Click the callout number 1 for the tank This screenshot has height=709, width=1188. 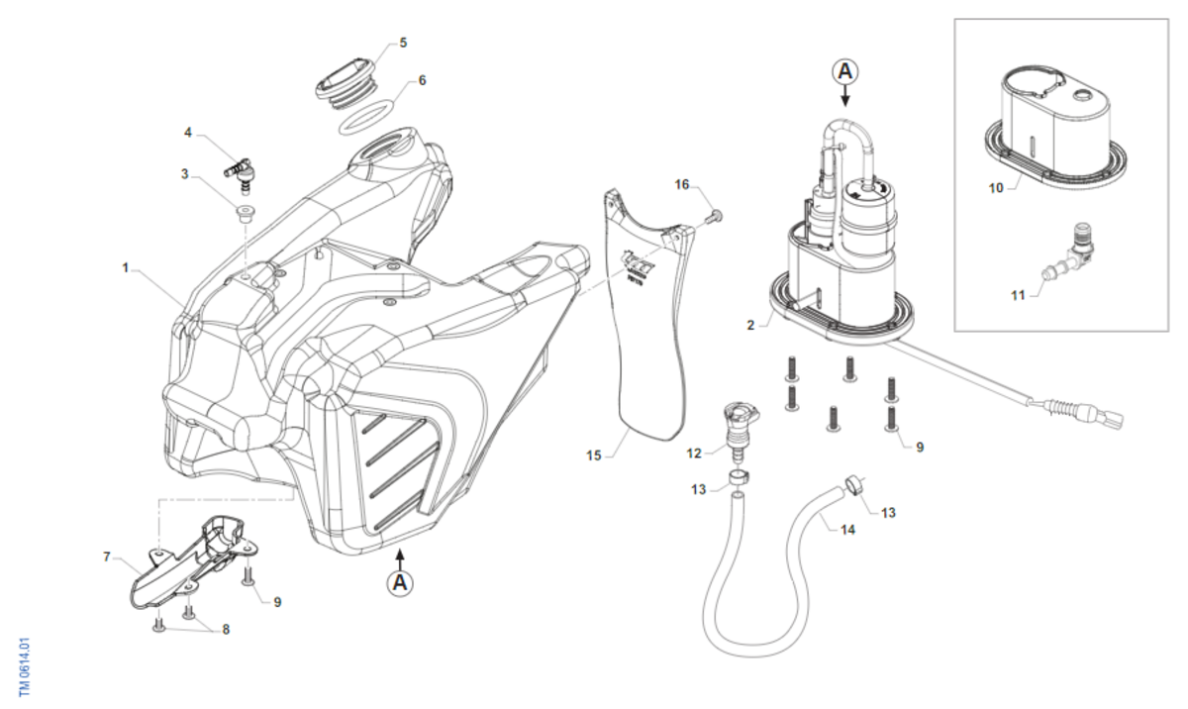[x=126, y=267]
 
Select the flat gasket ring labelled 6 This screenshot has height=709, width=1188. [x=366, y=116]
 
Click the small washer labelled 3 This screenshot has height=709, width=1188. [x=243, y=211]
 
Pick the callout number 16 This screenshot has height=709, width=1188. [x=681, y=185]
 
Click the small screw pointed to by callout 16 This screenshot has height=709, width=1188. [x=718, y=215]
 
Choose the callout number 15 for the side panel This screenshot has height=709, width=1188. [x=593, y=456]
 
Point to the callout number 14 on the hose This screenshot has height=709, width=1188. [x=848, y=530]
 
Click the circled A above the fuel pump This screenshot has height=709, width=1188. [x=844, y=70]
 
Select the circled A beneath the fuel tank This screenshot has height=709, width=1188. [x=400, y=583]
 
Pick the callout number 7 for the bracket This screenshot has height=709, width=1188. [x=107, y=557]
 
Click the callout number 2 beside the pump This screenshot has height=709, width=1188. [x=752, y=324]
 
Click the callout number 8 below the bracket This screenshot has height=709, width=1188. [x=226, y=630]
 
